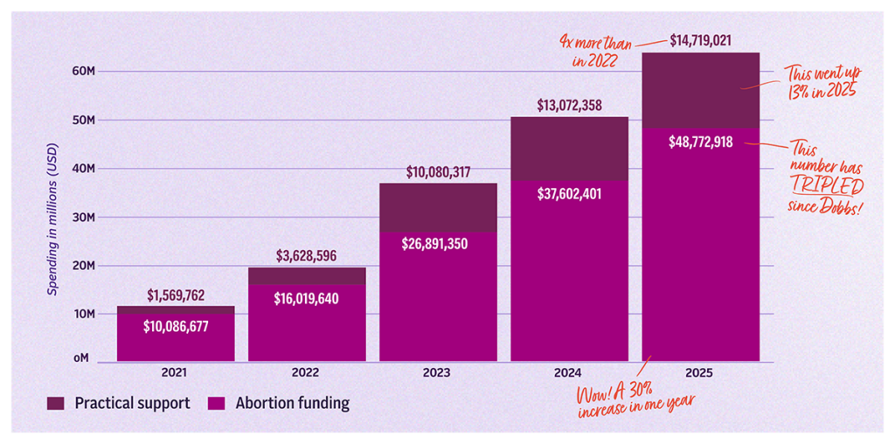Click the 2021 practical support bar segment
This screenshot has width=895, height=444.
click(x=176, y=310)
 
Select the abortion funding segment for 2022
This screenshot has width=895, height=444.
click(x=307, y=323)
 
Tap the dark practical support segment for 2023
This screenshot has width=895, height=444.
click(x=439, y=208)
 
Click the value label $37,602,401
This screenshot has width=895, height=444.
click(x=570, y=193)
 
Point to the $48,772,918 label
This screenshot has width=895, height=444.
click(x=701, y=142)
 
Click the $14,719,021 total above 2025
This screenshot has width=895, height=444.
click(x=701, y=41)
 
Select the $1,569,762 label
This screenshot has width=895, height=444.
click(x=176, y=295)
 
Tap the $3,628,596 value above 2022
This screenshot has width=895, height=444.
click(x=307, y=256)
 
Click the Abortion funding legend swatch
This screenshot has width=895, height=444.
click(x=218, y=404)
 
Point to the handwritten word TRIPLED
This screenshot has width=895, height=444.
click(x=827, y=187)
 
